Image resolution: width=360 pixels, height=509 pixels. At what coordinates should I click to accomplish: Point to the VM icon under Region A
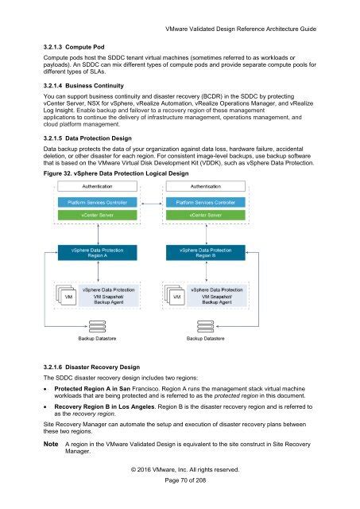(x=68, y=299)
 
